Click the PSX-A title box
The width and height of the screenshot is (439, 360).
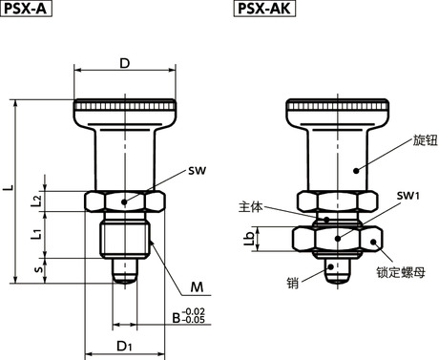coord(26,9)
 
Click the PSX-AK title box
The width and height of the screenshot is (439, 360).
coord(264,9)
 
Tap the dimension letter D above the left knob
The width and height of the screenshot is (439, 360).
coord(125,63)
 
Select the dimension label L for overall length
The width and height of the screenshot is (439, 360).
coord(10,187)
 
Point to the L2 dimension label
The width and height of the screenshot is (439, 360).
coord(37,201)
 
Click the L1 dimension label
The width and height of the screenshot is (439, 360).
coord(37,233)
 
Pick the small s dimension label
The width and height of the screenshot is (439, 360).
coord(39,269)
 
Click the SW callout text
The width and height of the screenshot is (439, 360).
coord(197,171)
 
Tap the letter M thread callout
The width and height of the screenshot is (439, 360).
coord(197,287)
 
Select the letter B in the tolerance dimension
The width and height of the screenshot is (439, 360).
coord(177,318)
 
